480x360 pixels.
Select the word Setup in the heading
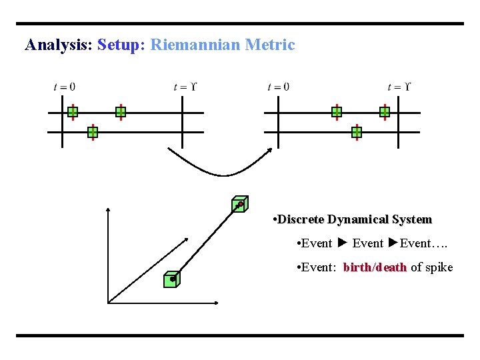point(119,45)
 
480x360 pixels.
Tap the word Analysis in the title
point(58,45)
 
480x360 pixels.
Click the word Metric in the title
point(269,45)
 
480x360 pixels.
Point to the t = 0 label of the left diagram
point(64,87)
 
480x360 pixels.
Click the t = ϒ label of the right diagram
point(399,87)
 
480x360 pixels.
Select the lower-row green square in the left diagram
point(93,133)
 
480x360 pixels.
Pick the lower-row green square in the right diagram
point(357,133)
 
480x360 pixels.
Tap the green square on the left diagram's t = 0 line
point(73,112)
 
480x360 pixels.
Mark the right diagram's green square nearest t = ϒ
point(385,112)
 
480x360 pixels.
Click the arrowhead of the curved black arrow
point(270,151)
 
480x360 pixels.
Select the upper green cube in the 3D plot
point(239,204)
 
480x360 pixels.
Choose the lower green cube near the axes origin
point(172,280)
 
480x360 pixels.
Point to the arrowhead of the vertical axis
point(108,210)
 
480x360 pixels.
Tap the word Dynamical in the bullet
point(357,219)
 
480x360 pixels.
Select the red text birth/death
point(375,267)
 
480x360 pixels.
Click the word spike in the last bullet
point(439,267)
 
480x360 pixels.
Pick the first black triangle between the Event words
point(342,243)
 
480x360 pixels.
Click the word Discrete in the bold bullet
point(300,219)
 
